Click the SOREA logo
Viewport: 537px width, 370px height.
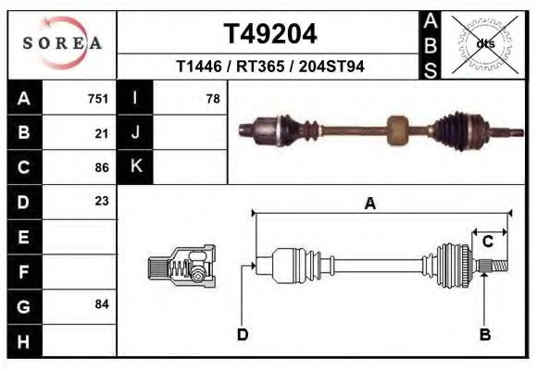62,43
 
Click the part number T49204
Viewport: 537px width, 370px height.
270,33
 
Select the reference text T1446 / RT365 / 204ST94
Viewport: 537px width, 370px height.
269,67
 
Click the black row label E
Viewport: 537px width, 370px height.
23,237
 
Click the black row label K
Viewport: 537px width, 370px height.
135,166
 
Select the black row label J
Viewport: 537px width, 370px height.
135,132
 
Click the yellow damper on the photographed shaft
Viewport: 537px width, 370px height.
397,131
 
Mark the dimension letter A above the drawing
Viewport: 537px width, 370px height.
369,204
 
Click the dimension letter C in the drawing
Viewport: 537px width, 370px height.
487,241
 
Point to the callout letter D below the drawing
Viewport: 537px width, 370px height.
243,334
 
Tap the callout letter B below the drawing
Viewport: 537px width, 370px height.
484,334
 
